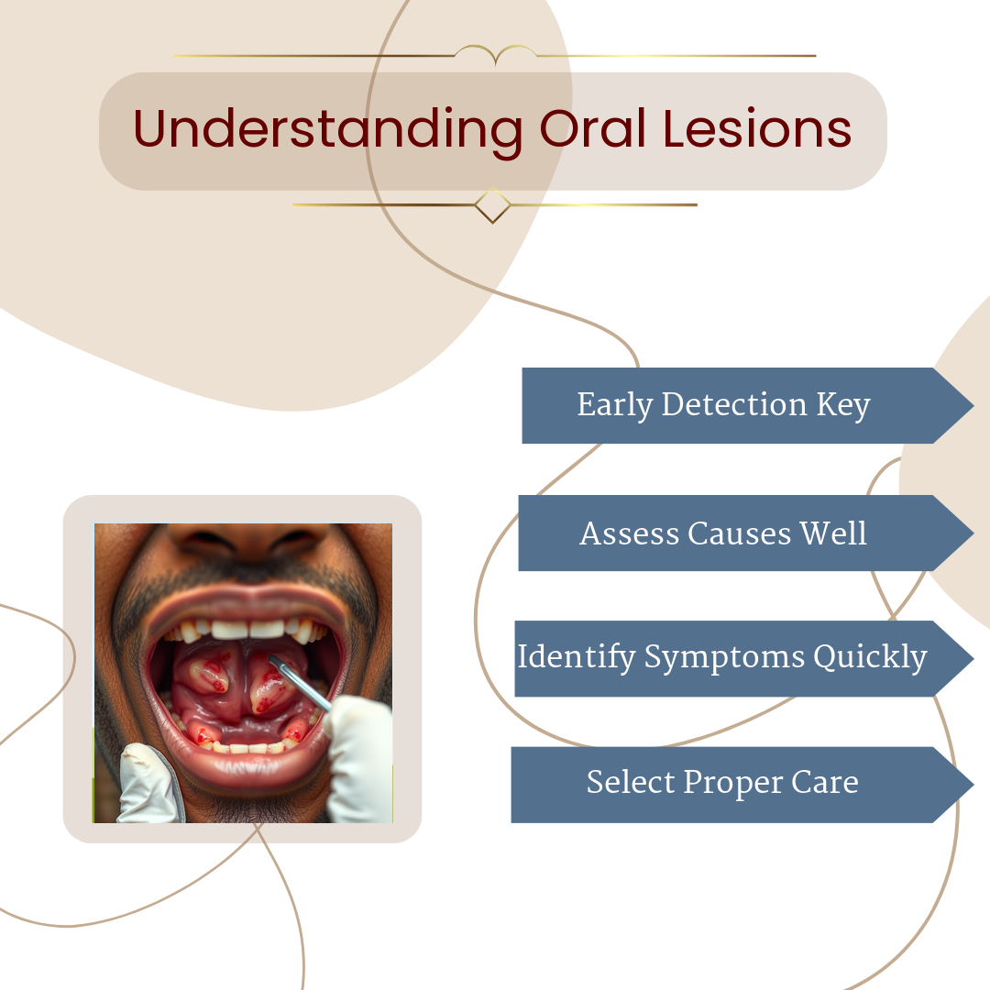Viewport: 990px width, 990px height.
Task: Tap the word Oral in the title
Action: pos(593,129)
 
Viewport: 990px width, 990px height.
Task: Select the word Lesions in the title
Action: pos(757,129)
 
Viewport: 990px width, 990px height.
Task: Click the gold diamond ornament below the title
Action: pos(492,205)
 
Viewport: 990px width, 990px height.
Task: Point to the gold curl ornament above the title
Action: pos(496,55)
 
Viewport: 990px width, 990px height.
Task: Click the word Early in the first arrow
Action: pos(615,405)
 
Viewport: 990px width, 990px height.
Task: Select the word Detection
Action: pos(734,404)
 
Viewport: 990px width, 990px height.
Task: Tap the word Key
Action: pos(843,405)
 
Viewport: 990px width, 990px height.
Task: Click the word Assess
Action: pos(630,533)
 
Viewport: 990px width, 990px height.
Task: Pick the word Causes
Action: pos(740,533)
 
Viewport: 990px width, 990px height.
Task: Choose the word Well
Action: pos(833,533)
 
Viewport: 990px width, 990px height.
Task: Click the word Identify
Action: pos(577,657)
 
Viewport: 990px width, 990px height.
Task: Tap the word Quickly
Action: pos(870,657)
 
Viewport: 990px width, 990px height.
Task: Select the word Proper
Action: pos(732,784)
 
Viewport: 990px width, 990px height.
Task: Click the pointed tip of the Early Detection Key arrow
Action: pos(973,405)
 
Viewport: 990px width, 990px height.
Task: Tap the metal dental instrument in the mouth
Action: pos(300,683)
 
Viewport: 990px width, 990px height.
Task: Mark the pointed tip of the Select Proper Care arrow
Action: pos(973,785)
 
